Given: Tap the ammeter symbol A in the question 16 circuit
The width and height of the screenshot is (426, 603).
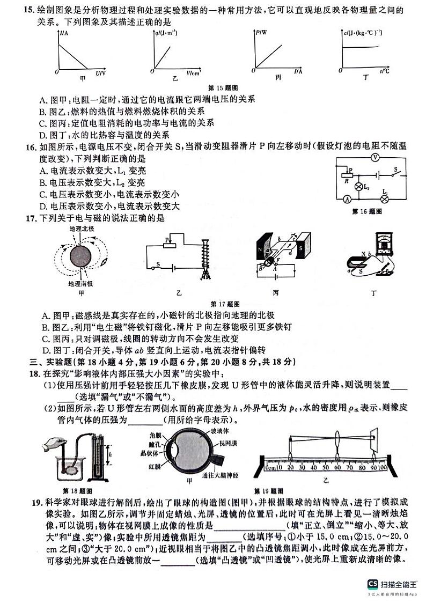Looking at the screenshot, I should (347, 199).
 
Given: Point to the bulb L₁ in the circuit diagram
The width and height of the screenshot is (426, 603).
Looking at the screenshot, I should (384, 198).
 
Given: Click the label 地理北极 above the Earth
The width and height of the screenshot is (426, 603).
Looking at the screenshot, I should (82, 229).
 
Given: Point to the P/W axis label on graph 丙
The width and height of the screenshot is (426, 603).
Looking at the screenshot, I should (261, 33).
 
